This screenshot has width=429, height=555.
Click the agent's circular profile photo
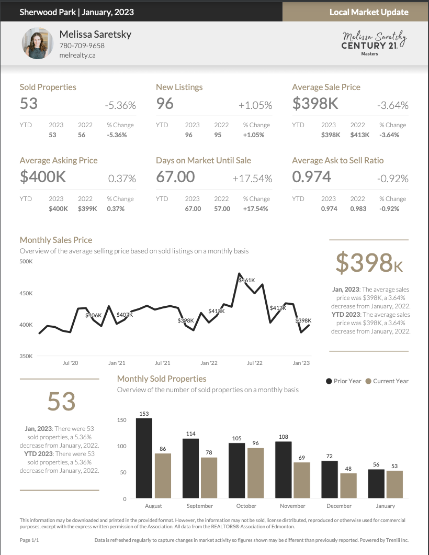click(x=38, y=43)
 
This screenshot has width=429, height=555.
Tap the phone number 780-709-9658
click(x=82, y=46)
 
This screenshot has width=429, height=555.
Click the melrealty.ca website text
click(x=77, y=56)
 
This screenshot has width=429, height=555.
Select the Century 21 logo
click(x=374, y=46)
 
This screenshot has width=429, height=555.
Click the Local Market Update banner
click(x=369, y=12)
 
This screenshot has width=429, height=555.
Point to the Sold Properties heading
click(x=48, y=87)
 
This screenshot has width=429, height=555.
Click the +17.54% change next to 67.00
click(x=252, y=179)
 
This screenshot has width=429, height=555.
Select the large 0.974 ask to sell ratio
click(x=312, y=177)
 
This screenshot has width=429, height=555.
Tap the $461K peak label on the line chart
click(x=246, y=280)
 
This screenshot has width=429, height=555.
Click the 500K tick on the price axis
click(x=26, y=261)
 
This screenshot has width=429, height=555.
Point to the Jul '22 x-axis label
click(x=255, y=363)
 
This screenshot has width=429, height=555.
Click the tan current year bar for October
click(x=255, y=472)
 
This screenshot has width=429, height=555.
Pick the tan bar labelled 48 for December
click(x=348, y=485)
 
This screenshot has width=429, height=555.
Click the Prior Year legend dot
click(x=329, y=381)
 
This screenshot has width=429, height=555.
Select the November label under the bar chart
click(x=292, y=506)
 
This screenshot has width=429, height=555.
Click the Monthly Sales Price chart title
click(x=56, y=240)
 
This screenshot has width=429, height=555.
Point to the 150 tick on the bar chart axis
click(x=122, y=420)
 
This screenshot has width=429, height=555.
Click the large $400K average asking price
click(x=43, y=177)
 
